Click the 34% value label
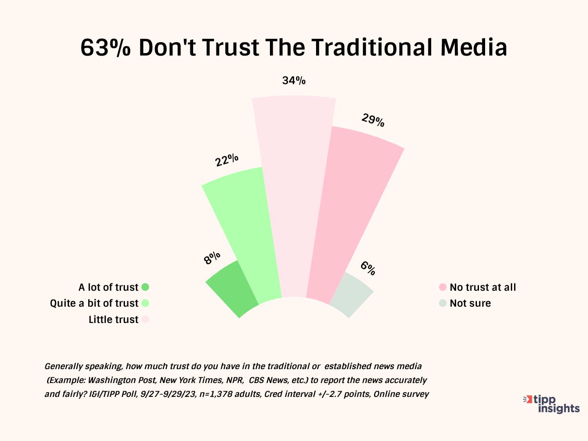(294, 80)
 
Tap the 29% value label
(373, 120)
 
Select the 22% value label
(227, 160)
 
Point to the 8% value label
(212, 258)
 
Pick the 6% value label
(367, 268)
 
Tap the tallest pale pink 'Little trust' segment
(294, 196)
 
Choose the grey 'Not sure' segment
(350, 293)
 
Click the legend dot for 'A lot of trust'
(145, 287)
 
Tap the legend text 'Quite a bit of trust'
(94, 303)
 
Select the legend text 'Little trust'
(114, 319)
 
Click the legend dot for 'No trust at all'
(443, 287)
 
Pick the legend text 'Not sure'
(470, 303)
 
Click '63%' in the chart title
(105, 47)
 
